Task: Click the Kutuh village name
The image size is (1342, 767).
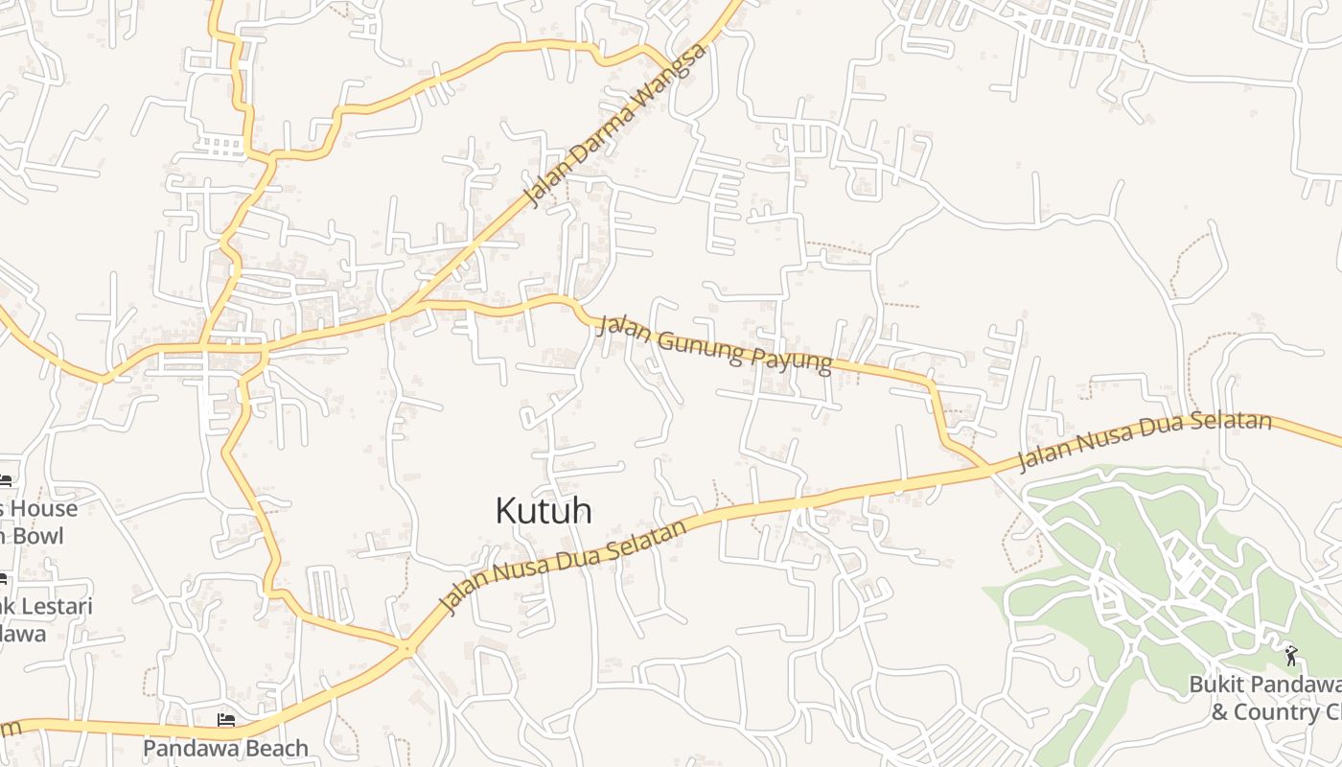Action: coord(543,511)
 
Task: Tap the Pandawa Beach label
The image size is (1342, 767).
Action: coord(226,748)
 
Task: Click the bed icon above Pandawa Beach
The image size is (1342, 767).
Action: coord(226,720)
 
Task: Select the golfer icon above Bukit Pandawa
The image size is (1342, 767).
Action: coord(1290,656)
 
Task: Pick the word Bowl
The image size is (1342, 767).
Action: coord(38,536)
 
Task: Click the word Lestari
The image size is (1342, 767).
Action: coord(50,607)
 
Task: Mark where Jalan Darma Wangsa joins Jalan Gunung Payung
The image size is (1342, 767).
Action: coord(412,307)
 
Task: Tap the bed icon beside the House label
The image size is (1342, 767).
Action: coord(5,481)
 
